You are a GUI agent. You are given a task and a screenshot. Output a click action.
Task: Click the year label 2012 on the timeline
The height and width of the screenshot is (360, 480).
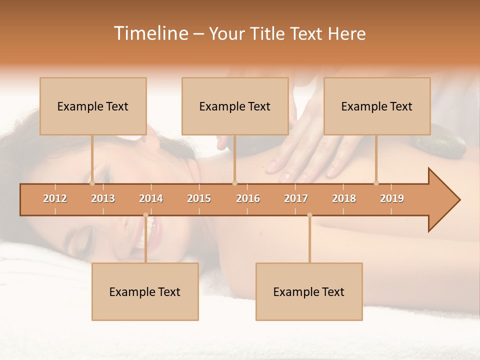pyautogui.click(x=55, y=198)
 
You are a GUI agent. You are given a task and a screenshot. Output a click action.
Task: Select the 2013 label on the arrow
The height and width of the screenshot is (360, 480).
pyautogui.click(x=103, y=198)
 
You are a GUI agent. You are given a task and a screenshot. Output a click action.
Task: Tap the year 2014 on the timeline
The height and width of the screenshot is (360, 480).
pyautogui.click(x=151, y=198)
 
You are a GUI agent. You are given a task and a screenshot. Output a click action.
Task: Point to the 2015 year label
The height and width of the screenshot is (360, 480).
pyautogui.click(x=199, y=198)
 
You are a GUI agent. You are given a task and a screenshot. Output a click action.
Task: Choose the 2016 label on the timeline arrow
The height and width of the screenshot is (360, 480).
pyautogui.click(x=248, y=198)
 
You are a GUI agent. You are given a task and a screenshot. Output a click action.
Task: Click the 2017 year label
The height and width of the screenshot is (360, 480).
pyautogui.click(x=296, y=198)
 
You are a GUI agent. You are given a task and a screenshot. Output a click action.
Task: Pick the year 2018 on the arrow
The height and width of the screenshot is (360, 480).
pyautogui.click(x=344, y=198)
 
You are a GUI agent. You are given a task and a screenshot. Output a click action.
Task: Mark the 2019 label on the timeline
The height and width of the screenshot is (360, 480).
pyautogui.click(x=392, y=198)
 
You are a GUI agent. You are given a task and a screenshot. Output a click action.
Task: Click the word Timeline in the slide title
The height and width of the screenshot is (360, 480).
pyautogui.click(x=150, y=33)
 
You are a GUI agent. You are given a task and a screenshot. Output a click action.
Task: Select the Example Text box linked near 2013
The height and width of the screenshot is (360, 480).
pyautogui.click(x=93, y=106)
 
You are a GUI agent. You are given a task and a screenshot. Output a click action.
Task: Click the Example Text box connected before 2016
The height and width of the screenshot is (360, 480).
pyautogui.click(x=235, y=106)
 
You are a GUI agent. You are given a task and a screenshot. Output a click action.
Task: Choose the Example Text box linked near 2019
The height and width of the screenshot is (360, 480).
pyautogui.click(x=377, y=106)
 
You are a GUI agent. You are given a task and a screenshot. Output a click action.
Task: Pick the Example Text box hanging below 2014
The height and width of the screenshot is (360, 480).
pyautogui.click(x=145, y=292)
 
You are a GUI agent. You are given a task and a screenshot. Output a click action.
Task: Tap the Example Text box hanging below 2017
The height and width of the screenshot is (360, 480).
pyautogui.click(x=309, y=292)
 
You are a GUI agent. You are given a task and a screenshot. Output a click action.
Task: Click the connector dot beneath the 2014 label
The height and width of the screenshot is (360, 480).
pyautogui.click(x=145, y=215)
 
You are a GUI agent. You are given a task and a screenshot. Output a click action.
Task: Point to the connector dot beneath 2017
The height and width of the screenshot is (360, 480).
pyautogui.click(x=309, y=215)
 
